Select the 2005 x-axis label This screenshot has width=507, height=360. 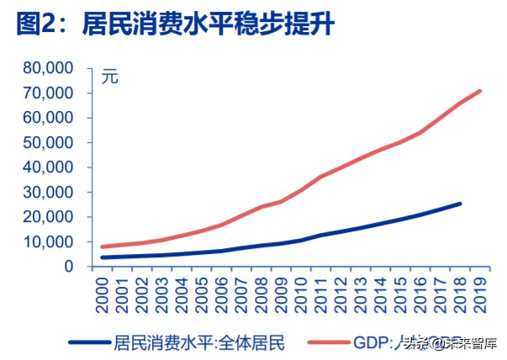coord(203,295)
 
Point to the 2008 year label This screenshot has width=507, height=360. coord(262,295)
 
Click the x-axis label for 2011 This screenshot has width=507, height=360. coord(322,295)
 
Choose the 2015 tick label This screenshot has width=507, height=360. coord(401,295)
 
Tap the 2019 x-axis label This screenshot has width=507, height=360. coord(480,295)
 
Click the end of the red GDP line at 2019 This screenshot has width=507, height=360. coord(480,91)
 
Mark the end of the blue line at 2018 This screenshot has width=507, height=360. coord(460,204)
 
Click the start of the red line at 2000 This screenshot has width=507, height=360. coord(103,246)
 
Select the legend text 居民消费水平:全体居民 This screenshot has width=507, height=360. coord(200,342)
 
